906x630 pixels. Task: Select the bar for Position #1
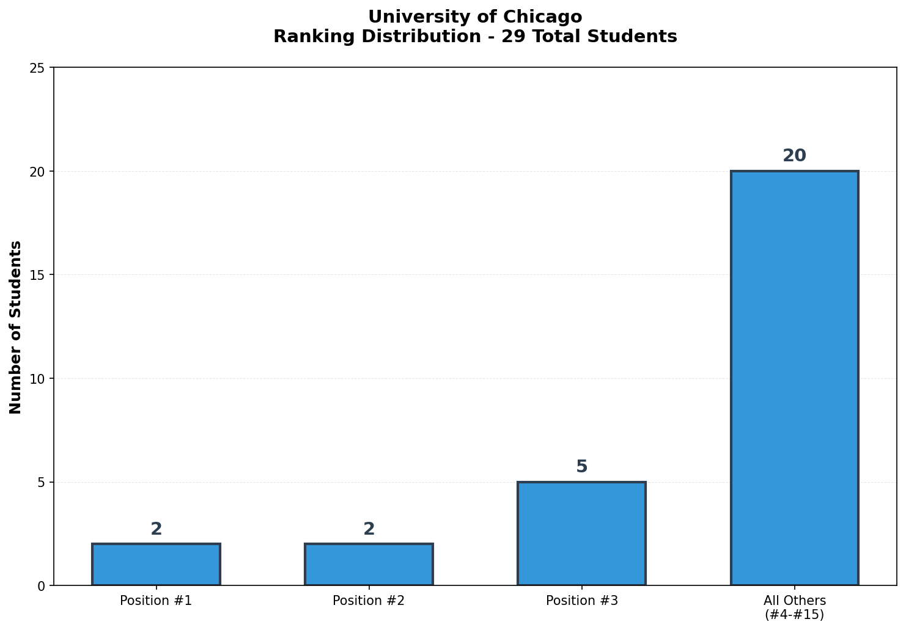(156, 565)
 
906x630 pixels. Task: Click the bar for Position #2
(369, 565)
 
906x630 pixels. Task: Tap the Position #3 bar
(581, 533)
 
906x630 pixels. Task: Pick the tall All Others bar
(794, 378)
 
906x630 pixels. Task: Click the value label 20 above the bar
(794, 156)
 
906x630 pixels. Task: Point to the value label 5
(581, 467)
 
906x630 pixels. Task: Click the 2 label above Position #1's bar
(156, 529)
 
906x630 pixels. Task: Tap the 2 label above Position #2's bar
(369, 529)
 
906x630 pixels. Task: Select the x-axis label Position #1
(156, 601)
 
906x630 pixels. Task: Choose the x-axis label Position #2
(369, 601)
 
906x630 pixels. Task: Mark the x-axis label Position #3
(581, 601)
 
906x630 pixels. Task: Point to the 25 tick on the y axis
(37, 68)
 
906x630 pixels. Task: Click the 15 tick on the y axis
(37, 275)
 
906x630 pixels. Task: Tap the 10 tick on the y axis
(37, 379)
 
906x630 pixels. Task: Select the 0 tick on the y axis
(41, 586)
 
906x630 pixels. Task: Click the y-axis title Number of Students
(16, 327)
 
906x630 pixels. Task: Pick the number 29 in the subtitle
(511, 37)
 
